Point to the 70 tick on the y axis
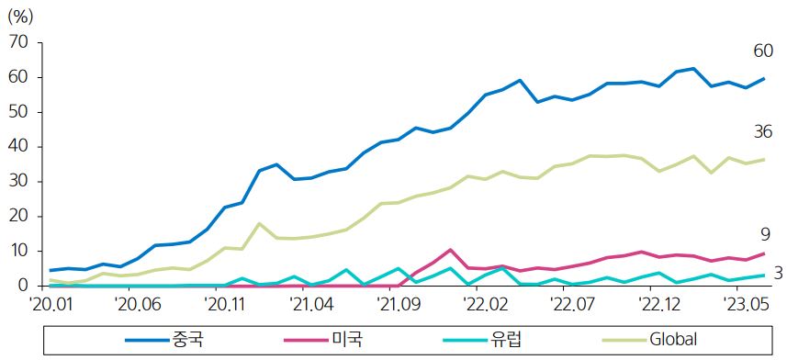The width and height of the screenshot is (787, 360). pos(18,43)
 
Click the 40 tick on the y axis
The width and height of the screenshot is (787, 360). pos(18,147)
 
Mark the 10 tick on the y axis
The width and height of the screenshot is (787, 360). pos(18,251)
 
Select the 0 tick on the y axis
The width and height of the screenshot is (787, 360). pos(23,286)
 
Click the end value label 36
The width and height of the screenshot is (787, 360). pos(762,132)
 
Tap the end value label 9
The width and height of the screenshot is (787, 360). pos(765,235)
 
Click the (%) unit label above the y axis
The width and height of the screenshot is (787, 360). pos(21,15)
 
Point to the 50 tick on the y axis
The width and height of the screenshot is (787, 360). pos(18,112)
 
